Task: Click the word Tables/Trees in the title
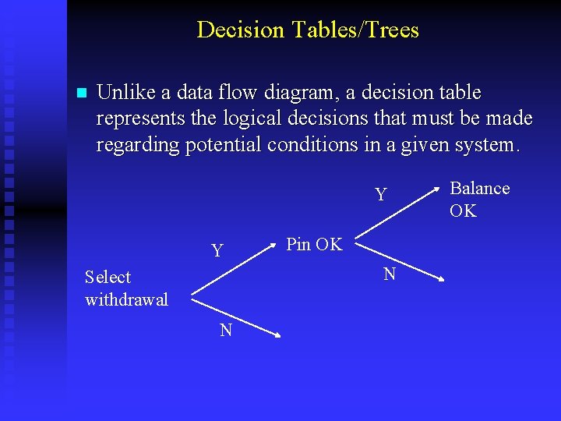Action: [355, 30]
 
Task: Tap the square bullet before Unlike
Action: [79, 93]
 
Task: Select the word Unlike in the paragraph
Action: [126, 93]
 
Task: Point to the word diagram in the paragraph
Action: [302, 93]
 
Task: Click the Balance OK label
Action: [478, 200]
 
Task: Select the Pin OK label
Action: [314, 244]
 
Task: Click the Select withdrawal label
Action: [126, 288]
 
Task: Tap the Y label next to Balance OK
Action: [380, 194]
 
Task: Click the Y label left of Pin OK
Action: [217, 250]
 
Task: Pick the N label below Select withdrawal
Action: [226, 330]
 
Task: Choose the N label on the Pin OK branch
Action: [390, 274]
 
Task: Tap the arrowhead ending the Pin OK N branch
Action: [441, 278]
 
